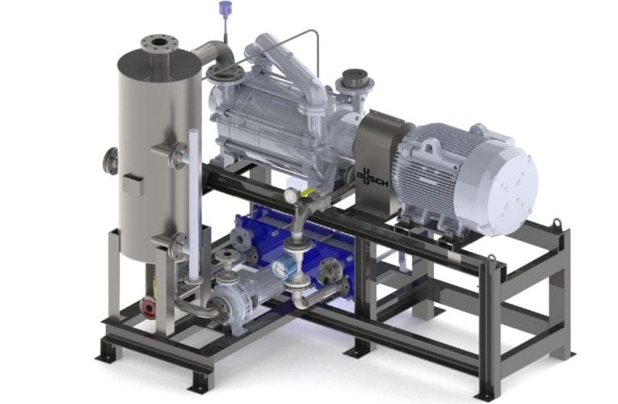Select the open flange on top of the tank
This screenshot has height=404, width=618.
160,43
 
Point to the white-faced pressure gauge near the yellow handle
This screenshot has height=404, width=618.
292,196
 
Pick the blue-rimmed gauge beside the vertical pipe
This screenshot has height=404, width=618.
281,268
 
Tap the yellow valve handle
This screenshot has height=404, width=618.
307,193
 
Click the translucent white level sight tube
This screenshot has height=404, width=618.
194,204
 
